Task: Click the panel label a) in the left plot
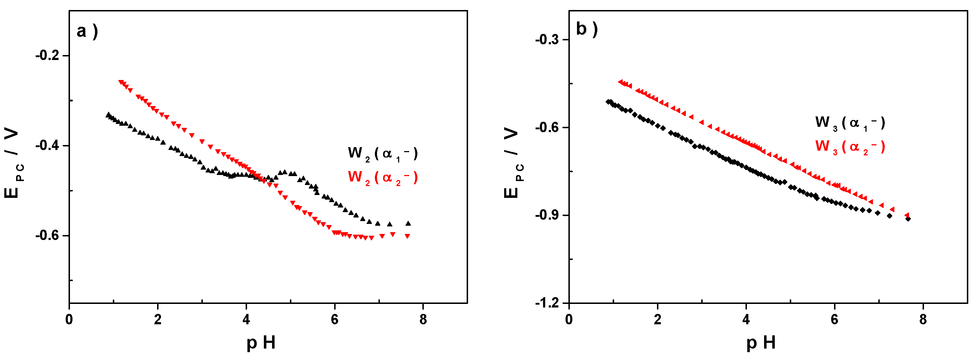click(87, 31)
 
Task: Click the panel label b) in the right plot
click(587, 29)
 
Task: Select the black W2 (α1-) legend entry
click(382, 154)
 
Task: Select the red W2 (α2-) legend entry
click(382, 177)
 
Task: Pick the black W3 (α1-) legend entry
click(850, 123)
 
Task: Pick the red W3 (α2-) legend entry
click(850, 147)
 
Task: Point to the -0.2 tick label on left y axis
click(47, 56)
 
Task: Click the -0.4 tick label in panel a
click(47, 146)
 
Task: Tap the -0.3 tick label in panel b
click(547, 40)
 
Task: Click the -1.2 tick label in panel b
click(547, 303)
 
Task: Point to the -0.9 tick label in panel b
click(547, 215)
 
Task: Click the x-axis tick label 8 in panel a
click(423, 320)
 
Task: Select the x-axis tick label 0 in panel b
click(568, 320)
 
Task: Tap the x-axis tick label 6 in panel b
click(835, 320)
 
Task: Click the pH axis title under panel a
click(261, 342)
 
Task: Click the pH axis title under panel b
click(761, 342)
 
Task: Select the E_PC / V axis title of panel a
click(13, 164)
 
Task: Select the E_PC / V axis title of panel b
click(513, 164)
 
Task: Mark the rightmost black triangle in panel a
click(408, 223)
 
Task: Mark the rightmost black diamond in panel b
click(908, 219)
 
